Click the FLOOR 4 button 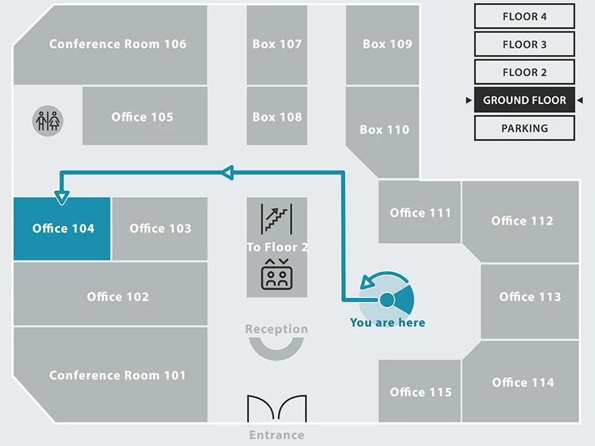524,16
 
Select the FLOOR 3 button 524,45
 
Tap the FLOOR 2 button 524,72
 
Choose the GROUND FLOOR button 524,100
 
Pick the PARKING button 524,128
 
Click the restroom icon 48,120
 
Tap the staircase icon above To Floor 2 277,218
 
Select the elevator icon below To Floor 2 277,274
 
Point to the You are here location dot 387,300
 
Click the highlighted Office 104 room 62,229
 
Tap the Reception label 277,329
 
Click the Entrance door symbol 277,410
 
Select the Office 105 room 143,117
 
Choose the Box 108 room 277,117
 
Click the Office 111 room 420,213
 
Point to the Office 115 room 420,392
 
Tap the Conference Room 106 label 118,44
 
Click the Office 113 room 530,297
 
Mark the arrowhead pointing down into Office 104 62,197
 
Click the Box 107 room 277,44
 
